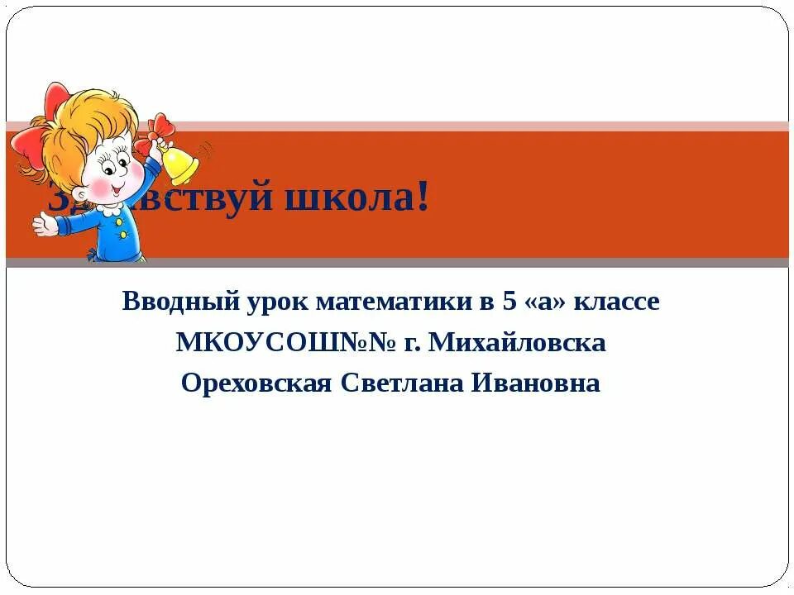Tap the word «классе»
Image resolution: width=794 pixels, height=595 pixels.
coord(616,302)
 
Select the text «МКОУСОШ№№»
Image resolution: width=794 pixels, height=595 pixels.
coord(285,342)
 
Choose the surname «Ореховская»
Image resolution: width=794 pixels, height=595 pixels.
coord(256,383)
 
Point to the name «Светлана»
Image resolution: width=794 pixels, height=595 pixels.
coord(404,383)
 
